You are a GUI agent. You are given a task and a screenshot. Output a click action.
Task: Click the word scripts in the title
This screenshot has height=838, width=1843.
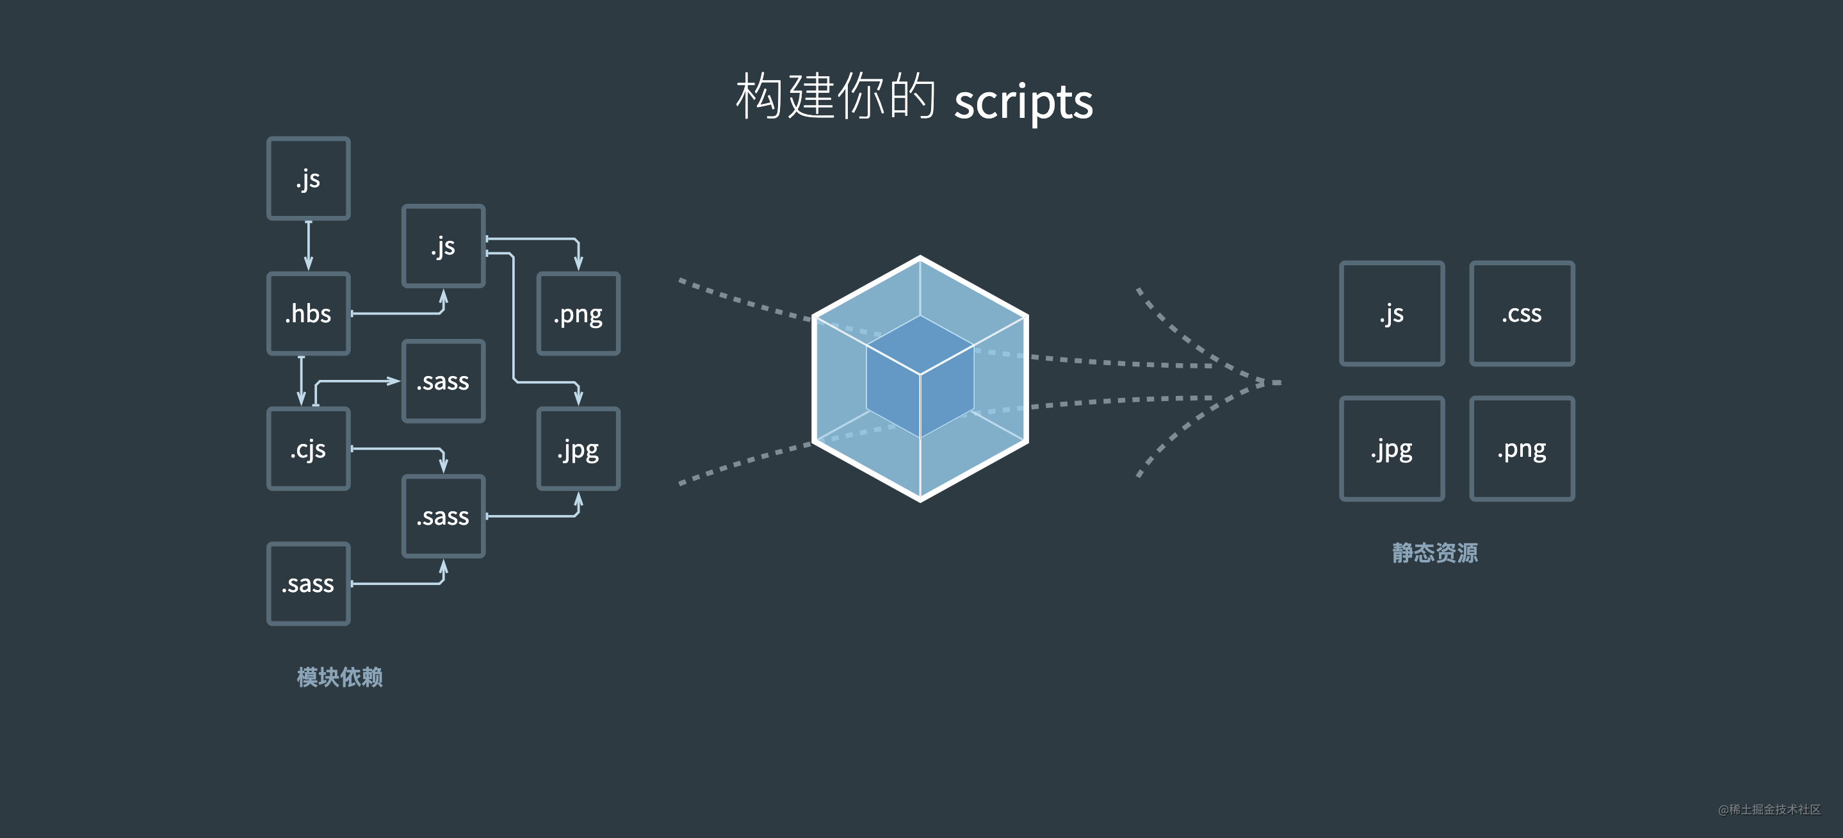tap(1023, 102)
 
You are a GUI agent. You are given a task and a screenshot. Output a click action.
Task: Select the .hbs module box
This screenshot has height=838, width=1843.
tap(309, 313)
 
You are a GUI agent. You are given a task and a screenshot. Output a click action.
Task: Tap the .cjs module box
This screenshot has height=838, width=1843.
tap(309, 448)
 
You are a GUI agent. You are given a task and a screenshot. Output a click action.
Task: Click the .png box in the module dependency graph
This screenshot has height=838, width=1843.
tap(578, 313)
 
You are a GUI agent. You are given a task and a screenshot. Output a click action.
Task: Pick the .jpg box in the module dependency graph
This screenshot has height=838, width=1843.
tap(578, 448)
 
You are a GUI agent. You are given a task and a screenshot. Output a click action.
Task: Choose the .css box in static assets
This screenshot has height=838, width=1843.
tap(1522, 313)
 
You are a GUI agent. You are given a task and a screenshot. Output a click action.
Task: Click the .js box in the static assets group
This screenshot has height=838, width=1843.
tap(1392, 313)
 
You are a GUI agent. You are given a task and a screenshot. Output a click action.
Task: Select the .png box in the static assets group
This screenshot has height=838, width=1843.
tap(1522, 448)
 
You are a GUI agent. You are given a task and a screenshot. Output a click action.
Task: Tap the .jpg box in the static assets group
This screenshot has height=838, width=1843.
tap(1392, 448)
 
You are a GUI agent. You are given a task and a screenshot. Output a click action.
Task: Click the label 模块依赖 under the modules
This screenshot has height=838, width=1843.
tap(340, 677)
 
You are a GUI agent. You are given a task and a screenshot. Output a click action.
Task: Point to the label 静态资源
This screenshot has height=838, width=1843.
tap(1434, 552)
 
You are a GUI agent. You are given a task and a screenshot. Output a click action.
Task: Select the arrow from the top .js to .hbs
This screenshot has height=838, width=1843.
tap(309, 245)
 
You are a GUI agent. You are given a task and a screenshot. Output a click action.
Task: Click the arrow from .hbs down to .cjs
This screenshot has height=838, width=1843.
tap(301, 381)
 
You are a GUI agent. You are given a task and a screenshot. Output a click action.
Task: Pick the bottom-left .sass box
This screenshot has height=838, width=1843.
tap(309, 584)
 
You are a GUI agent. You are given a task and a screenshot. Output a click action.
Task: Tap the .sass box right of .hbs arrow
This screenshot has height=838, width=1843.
tap(444, 381)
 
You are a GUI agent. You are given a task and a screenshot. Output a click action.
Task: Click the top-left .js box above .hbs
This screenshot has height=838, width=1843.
tap(309, 178)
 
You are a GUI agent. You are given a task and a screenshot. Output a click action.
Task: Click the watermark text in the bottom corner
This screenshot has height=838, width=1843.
tap(1769, 809)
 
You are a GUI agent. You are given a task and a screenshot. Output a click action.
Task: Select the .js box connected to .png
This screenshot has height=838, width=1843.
tap(444, 245)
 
